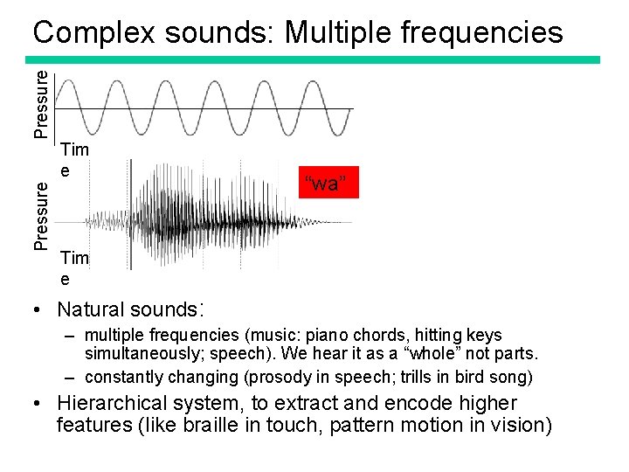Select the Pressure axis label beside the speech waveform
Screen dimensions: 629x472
pyautogui.click(x=41, y=214)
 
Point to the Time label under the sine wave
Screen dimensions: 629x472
pyautogui.click(x=74, y=159)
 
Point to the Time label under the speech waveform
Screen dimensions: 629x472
pyautogui.click(x=74, y=268)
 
